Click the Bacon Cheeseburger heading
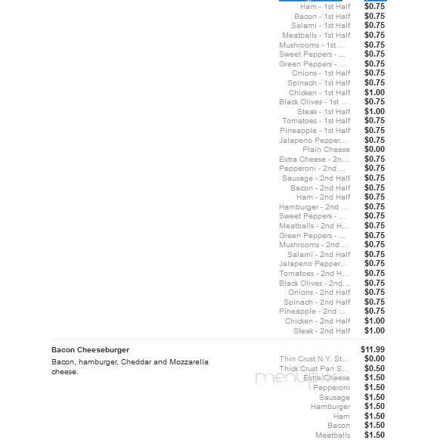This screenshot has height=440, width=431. (90, 350)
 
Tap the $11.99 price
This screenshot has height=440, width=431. (373, 349)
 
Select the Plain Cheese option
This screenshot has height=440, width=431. (326, 150)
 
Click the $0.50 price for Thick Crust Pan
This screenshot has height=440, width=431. (374, 369)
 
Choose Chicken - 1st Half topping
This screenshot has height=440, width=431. (319, 93)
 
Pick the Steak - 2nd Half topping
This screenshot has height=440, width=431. (321, 331)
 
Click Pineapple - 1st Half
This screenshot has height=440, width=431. (315, 131)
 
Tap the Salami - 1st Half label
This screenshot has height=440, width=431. (321, 26)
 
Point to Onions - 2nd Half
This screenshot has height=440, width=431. (319, 293)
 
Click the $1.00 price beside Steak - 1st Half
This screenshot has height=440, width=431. (374, 112)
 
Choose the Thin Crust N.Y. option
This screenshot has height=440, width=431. (315, 359)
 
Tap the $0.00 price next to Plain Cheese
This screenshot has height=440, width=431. (374, 150)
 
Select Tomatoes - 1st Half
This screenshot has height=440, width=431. (316, 121)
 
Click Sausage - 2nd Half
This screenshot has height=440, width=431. (316, 178)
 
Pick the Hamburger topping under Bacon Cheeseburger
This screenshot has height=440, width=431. (330, 407)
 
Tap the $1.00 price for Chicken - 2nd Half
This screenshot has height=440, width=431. (374, 321)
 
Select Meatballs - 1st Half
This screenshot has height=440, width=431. (316, 36)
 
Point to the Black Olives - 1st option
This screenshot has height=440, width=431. (314, 102)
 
